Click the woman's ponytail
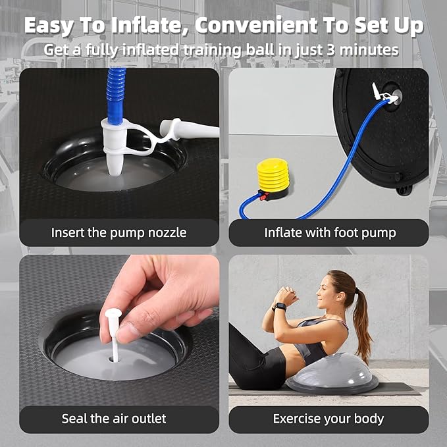(361, 319)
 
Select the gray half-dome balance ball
(328, 377)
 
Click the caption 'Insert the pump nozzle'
(118, 232)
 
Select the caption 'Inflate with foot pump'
(329, 232)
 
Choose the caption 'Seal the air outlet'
(114, 419)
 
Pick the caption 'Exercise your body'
(329, 419)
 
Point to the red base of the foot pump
(263, 195)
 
